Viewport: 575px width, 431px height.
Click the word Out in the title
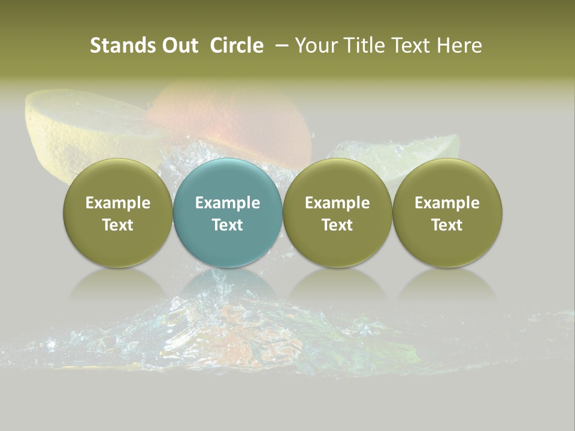pos(179,45)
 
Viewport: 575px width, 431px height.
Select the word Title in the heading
pos(372,45)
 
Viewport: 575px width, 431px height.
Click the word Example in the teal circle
pos(228,203)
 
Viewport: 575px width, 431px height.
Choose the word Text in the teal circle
pos(228,225)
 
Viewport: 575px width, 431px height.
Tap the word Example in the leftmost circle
pos(118,203)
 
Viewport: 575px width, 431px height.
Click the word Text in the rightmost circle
pos(447,225)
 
